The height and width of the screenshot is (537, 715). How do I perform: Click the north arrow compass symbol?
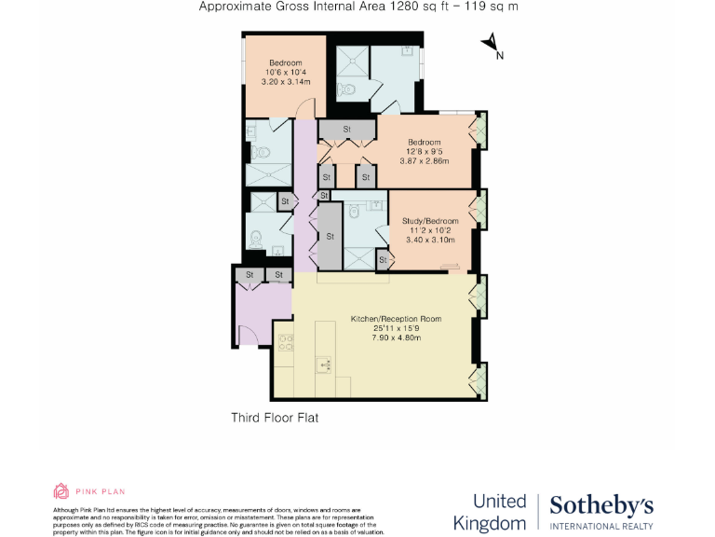coord(491,44)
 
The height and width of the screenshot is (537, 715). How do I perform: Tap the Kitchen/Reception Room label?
coord(396,319)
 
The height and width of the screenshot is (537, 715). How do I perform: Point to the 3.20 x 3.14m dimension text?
coord(286,81)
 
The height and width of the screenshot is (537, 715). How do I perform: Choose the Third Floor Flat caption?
coord(275,418)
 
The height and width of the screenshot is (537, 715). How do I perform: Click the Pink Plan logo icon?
coord(61,491)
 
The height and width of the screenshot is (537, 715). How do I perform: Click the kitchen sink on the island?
coord(323,361)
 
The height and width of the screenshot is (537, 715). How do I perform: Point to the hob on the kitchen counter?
coord(286,340)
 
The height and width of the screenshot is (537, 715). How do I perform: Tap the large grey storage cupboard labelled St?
coord(330,237)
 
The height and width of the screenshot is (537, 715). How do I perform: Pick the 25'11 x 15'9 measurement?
coord(396,328)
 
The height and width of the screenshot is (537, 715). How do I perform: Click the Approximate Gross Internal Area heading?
coord(358,7)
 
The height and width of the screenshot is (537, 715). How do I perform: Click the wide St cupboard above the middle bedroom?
coord(346,129)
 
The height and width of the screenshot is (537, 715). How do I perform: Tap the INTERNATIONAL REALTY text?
coord(600,527)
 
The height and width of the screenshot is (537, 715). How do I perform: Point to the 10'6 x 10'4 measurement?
coord(286,72)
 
